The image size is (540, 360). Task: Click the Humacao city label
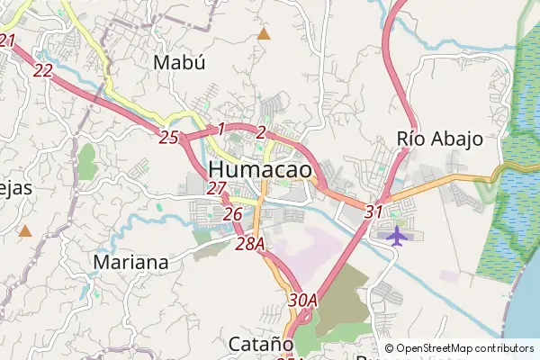pos(261,170)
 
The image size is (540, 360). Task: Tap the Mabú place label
pos(179,63)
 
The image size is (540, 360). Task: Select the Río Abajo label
pos(440,139)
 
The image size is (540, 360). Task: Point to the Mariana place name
pos(130,263)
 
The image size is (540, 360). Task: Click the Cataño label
pos(261,344)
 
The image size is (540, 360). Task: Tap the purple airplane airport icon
pos(396,235)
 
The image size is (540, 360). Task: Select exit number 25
pos(168,138)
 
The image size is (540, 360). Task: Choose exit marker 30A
pos(303,300)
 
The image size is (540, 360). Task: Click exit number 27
pos(216,188)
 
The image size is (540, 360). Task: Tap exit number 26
pos(232,214)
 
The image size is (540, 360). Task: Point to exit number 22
pos(42,68)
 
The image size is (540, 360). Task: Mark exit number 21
pos(8,40)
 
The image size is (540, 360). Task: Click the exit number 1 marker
pos(220,130)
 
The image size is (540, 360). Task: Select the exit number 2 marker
pos(260,132)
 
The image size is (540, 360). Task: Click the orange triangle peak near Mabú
pos(264,34)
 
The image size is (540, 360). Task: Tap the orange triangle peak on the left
pos(25,231)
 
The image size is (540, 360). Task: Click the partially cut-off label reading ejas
pos(15,187)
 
